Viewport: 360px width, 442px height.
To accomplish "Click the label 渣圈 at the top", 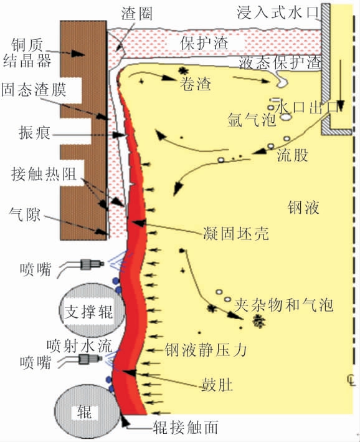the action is click(137, 14).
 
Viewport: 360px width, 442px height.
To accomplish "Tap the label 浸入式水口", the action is click(278, 12).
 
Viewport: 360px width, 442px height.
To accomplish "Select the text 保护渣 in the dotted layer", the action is click(204, 43).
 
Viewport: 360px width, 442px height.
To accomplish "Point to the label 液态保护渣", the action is click(280, 62).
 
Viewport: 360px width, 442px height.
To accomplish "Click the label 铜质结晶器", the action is click(27, 53).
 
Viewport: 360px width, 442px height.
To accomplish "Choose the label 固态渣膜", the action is click(34, 90).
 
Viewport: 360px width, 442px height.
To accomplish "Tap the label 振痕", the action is click(34, 133).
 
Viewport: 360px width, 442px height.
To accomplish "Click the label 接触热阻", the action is click(44, 173).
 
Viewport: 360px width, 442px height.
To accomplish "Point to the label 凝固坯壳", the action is click(236, 233).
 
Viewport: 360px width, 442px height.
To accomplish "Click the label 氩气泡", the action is click(251, 120).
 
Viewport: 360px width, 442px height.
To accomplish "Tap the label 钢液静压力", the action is click(206, 350).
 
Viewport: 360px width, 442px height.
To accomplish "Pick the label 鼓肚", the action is click(217, 385).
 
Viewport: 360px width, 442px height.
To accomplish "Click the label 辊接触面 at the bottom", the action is click(186, 427).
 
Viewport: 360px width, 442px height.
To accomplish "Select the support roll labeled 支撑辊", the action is click(92, 310).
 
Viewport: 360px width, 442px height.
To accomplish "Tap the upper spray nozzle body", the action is click(92, 264).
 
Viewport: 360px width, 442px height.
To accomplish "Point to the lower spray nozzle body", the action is click(90, 359).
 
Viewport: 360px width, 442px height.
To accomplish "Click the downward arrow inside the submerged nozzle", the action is click(341, 85).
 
